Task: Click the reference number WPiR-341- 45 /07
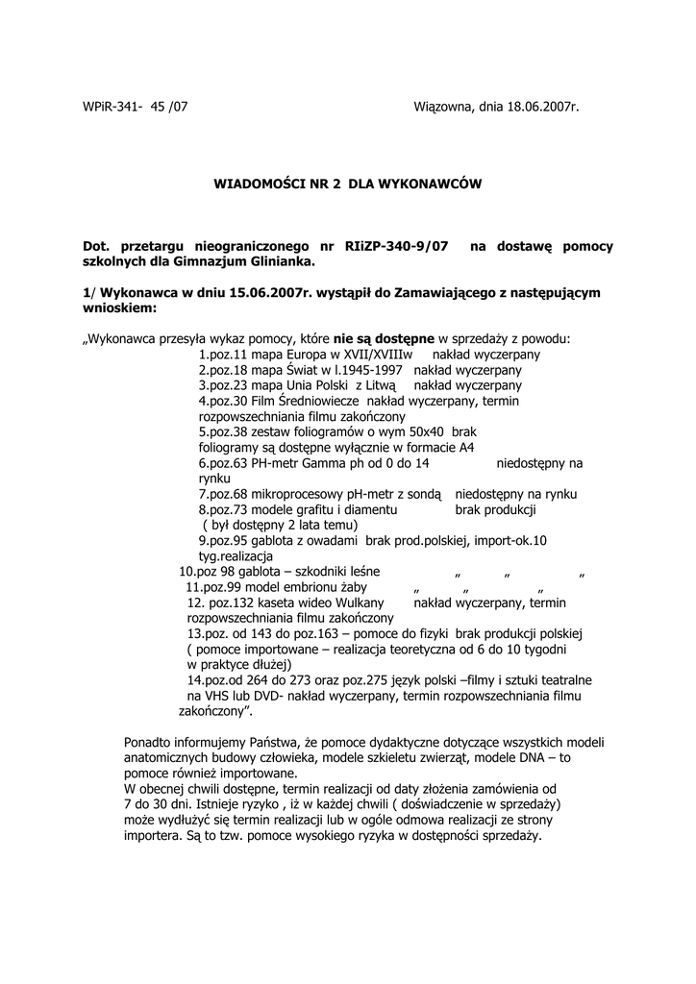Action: coord(136,107)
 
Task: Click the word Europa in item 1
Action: coord(294,354)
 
